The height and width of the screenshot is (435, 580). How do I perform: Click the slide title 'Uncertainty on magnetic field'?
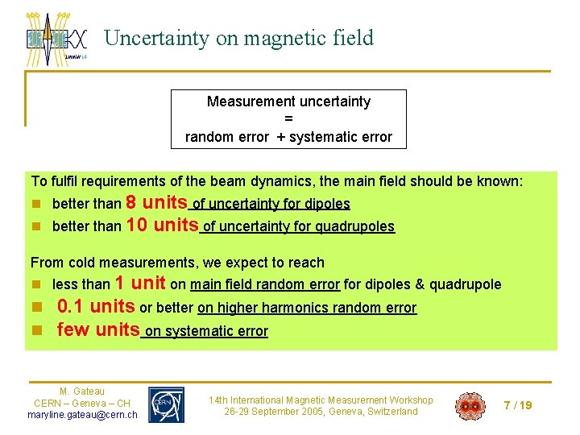click(x=239, y=38)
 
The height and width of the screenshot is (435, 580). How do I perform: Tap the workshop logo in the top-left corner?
click(x=56, y=39)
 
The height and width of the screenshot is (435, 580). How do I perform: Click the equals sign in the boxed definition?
click(x=288, y=119)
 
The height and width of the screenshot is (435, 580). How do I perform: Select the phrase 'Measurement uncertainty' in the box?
click(x=288, y=101)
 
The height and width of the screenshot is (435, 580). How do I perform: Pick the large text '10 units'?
click(x=163, y=225)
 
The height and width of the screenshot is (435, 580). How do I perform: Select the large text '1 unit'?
click(x=140, y=283)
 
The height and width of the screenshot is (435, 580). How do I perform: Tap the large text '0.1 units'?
click(x=96, y=306)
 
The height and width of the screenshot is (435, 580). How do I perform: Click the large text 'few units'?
click(x=97, y=329)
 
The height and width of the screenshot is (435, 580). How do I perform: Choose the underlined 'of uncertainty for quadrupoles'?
click(x=298, y=227)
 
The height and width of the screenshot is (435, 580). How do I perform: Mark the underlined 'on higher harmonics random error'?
click(x=307, y=308)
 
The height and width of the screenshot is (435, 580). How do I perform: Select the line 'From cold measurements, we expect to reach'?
click(x=177, y=263)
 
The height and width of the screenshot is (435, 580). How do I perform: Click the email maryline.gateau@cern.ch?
click(x=82, y=415)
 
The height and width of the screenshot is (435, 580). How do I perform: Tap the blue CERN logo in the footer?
click(x=166, y=404)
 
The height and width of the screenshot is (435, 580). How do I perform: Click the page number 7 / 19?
click(x=517, y=405)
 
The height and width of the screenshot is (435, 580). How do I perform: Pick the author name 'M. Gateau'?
click(x=82, y=391)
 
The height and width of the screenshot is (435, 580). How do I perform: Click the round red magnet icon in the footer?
click(x=470, y=406)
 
